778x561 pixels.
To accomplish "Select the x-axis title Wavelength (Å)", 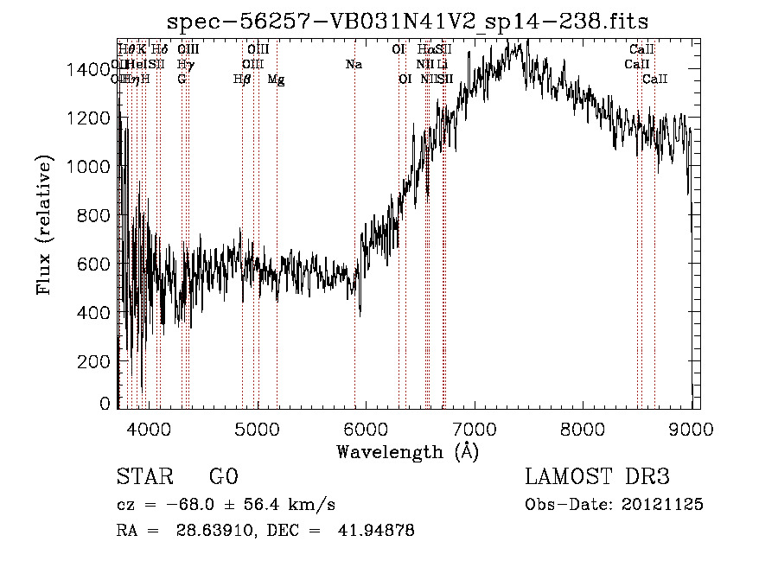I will point(407,451).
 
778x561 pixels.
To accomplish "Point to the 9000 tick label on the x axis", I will point(692,427).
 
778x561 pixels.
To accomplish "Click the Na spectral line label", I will point(353,64).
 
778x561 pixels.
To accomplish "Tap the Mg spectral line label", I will point(276,80).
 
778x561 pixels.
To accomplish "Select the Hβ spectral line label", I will point(242,80).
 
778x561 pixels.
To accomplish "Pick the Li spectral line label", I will point(442,64).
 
